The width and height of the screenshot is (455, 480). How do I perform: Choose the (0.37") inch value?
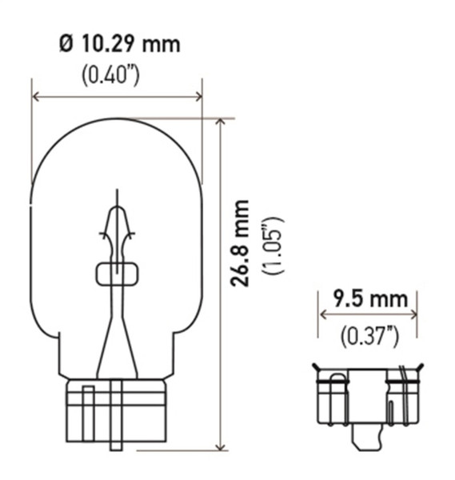click(368, 336)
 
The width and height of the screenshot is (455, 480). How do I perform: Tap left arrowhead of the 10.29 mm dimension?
click(36, 97)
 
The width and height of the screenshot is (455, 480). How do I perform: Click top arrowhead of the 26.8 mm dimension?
click(221, 123)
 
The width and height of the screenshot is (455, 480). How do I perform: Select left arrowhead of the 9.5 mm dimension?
click(323, 314)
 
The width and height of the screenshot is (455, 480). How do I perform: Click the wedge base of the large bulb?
click(117, 412)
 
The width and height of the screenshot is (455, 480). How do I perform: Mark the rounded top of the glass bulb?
click(117, 122)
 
